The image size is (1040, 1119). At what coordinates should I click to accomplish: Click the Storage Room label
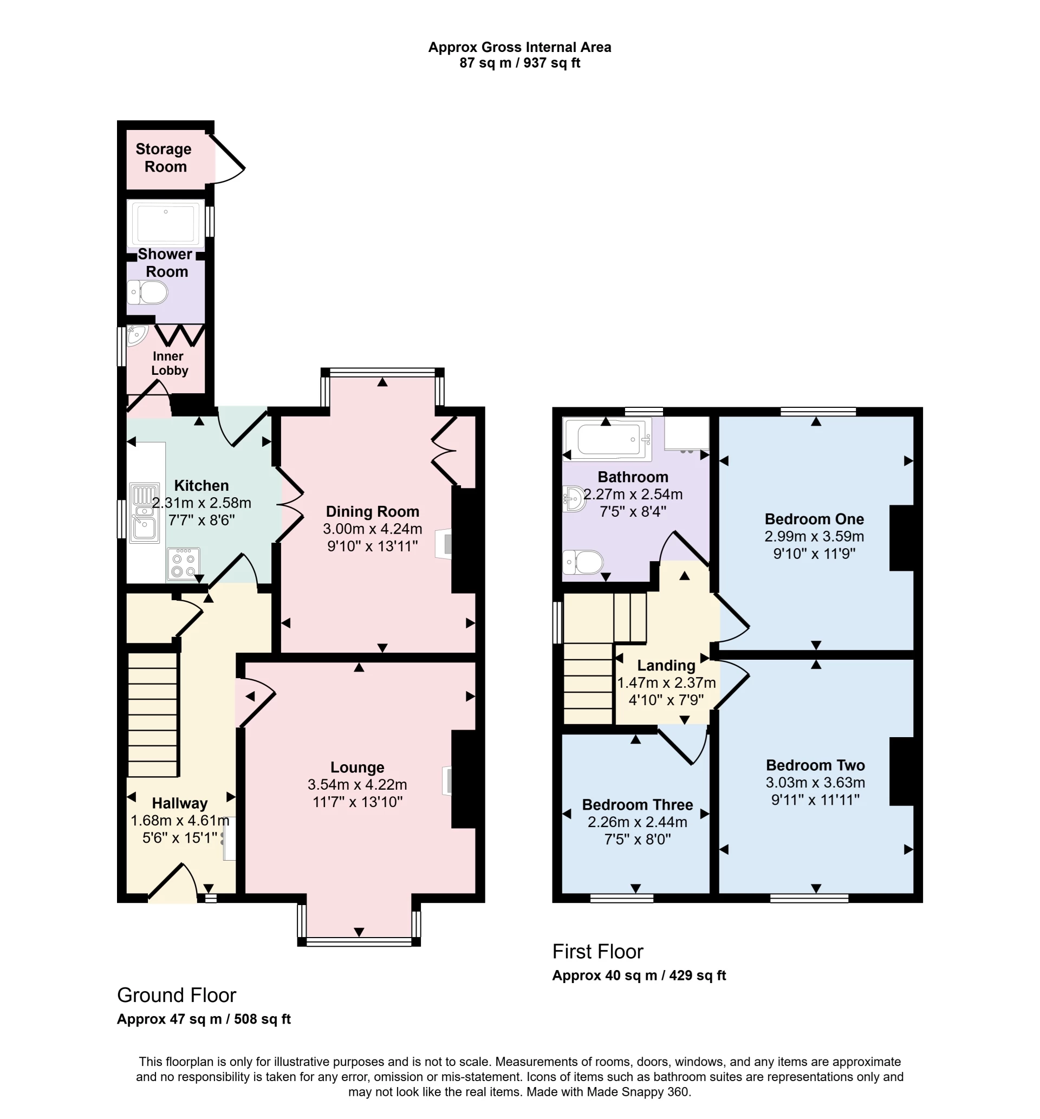[x=164, y=158]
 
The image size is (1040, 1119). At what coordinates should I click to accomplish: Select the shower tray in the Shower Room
[x=165, y=223]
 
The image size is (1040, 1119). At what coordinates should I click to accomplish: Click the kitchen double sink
[x=144, y=513]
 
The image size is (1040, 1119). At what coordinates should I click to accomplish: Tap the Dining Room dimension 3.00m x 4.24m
[x=372, y=529]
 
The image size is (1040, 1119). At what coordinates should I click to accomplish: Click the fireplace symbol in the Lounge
[x=447, y=781]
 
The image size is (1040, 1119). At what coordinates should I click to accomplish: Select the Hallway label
[x=179, y=803]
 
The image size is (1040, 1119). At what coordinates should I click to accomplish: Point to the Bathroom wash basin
[x=574, y=498]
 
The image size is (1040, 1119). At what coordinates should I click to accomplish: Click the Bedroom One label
[x=814, y=519]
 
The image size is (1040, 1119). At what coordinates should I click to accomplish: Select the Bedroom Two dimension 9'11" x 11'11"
[x=815, y=799]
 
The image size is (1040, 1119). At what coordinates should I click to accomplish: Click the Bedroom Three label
[x=637, y=804]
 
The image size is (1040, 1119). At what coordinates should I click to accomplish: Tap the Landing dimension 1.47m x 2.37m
[x=666, y=683]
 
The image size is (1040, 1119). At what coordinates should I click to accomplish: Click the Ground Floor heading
[x=176, y=994]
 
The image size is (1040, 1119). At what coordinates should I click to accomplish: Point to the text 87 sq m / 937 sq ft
[x=519, y=63]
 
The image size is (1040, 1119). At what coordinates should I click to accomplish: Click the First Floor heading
[x=597, y=951]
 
